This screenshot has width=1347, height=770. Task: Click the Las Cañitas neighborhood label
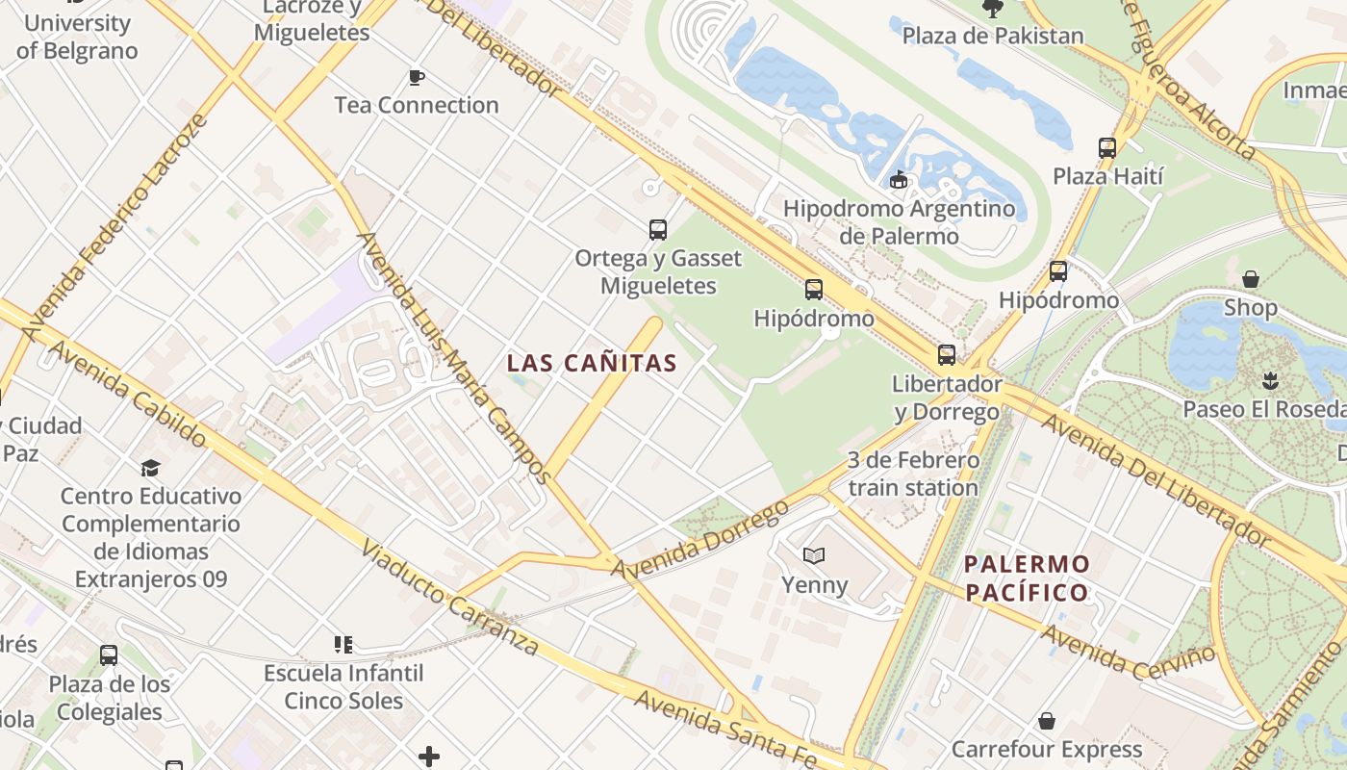pos(592,363)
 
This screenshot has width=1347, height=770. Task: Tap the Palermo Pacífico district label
pos(1027,577)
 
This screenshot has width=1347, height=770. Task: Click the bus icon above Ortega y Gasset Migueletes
pos(658,230)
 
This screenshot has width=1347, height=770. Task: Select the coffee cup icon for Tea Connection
pos(416,78)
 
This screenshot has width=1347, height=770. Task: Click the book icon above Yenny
pos(814,555)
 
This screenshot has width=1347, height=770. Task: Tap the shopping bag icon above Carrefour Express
pos(1047,721)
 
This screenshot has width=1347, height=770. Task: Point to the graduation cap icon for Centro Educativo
pos(150,468)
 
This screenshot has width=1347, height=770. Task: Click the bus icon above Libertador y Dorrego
pos(947,355)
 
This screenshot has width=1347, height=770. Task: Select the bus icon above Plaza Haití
pos(1107,148)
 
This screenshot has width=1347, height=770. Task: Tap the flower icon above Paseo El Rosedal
pos(1270,380)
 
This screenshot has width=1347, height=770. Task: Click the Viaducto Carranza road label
pos(448,598)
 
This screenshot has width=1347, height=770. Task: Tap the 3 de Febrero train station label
pos(913,474)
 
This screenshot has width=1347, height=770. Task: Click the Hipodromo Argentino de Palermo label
pos(899,221)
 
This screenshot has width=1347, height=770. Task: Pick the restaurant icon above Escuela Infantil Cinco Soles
pos(343,644)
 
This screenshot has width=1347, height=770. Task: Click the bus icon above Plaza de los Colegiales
pos(109,655)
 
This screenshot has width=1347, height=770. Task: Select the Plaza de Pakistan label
pos(993,36)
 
